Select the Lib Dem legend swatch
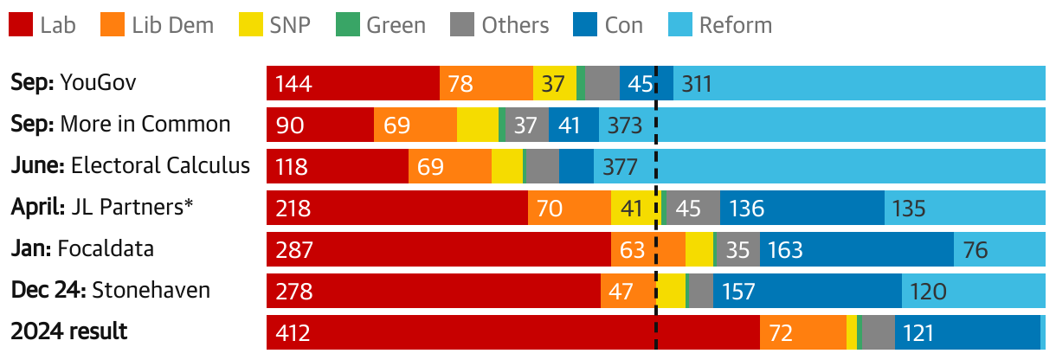coord(119,25)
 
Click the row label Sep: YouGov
coord(74,83)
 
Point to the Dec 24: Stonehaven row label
coord(111,290)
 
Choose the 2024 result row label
coord(69,331)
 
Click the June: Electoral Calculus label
coord(131,166)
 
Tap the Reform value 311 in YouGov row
coord(697,84)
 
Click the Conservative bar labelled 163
coord(857,250)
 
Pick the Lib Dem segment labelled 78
coord(486,84)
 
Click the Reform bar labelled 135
coord(964,209)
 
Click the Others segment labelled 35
coord(737,250)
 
